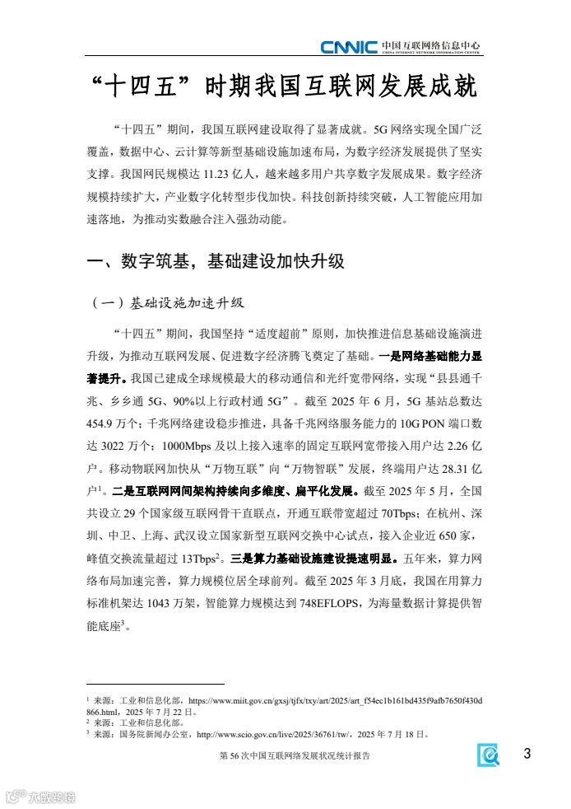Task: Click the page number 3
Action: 527,754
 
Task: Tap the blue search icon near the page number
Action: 489,755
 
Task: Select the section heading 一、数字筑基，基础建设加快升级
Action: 216,263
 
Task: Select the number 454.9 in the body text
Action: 104,424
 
